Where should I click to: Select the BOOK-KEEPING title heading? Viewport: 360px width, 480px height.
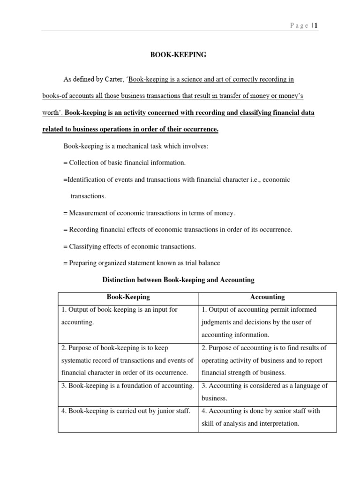coord(178,55)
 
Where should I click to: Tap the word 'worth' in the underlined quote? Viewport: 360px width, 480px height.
coord(51,112)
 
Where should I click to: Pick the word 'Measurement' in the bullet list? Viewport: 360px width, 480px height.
coord(87,213)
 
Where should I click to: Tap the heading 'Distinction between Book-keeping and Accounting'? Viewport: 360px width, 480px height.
coord(178,280)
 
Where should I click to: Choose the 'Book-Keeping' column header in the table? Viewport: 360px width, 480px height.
coord(128,297)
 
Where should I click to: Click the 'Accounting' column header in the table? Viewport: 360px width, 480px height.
coord(267,297)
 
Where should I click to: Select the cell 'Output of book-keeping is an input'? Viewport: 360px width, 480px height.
coord(120,310)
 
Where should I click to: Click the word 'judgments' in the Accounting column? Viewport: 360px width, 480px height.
coord(217,322)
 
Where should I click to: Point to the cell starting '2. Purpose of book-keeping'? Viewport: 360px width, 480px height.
coord(115,348)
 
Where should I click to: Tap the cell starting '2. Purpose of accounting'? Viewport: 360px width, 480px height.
coord(264,348)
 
